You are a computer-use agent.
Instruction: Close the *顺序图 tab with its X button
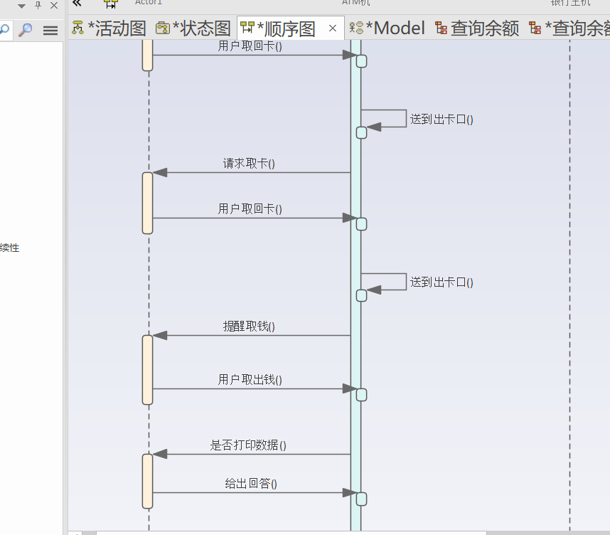coord(333,28)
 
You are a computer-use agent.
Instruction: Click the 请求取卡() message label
coord(249,164)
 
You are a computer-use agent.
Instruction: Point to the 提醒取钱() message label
coord(249,327)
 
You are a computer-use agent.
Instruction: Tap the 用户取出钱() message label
coord(250,380)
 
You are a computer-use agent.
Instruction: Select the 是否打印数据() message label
coord(248,445)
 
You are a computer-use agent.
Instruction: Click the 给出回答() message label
coord(251,484)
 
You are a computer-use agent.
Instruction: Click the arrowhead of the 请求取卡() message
coord(160,172)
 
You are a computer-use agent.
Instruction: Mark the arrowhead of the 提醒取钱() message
coord(160,335)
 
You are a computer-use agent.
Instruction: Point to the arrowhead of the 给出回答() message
coord(349,492)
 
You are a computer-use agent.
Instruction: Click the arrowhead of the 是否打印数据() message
coord(160,454)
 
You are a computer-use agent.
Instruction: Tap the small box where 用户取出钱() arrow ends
coord(361,395)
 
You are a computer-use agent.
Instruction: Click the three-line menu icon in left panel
coord(50,30)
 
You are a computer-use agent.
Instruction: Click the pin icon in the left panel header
coord(38,6)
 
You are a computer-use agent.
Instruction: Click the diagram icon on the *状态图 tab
coord(162,28)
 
